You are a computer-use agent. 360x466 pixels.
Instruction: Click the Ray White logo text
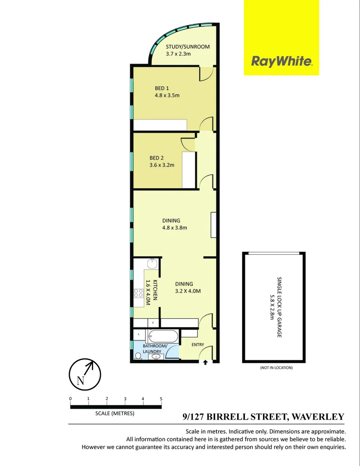point(282,61)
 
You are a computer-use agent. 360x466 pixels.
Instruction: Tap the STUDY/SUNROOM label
point(188,47)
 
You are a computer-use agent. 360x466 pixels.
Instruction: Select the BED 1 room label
point(162,88)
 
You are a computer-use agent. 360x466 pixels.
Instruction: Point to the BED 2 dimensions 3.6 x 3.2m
point(162,165)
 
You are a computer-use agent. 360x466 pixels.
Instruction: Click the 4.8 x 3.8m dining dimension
point(174,228)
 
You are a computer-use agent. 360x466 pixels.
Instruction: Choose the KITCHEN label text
point(155,290)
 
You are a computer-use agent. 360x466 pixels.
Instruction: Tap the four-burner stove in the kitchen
point(138,294)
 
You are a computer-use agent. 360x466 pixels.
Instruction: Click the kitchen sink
point(151,264)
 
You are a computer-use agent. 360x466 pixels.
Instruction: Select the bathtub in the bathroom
point(162,336)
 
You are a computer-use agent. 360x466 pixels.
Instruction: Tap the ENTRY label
point(198,344)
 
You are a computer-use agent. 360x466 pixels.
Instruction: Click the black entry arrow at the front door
point(205,362)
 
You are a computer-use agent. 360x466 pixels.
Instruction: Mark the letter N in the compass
point(80,381)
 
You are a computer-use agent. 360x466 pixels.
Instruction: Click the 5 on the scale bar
point(161,399)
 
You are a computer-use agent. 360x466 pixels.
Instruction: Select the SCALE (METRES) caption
point(115,413)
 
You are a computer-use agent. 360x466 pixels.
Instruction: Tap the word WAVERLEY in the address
point(318,417)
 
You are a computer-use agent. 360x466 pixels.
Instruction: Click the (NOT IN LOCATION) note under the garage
point(276,368)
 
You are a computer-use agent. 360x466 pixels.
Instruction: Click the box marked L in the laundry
point(138,334)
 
